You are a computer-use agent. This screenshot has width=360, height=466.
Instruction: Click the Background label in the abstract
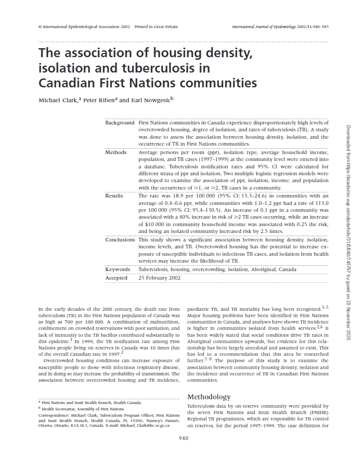[120, 123]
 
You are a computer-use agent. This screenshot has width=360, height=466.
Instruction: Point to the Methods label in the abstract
[116, 153]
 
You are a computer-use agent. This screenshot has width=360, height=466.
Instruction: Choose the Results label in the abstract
[114, 195]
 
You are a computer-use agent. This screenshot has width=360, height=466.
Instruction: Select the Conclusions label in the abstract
[120, 240]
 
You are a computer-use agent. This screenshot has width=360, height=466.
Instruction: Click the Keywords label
[118, 270]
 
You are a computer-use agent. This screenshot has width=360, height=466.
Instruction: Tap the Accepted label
[116, 277]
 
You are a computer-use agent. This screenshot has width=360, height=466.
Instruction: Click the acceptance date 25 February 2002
[160, 277]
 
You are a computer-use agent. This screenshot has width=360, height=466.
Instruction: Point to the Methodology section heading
[209, 397]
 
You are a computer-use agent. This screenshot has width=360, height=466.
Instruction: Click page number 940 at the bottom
[184, 437]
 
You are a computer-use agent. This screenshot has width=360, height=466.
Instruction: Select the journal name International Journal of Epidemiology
[268, 26]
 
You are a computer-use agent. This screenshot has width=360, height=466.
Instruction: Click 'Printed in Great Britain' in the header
[156, 26]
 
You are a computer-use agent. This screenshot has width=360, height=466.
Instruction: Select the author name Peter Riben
[98, 100]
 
